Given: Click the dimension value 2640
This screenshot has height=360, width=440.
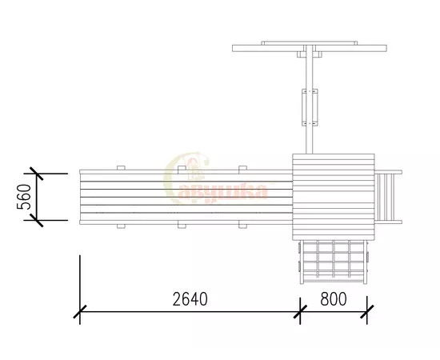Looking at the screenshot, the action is [x=190, y=299].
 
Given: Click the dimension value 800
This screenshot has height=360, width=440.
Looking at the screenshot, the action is [x=334, y=299].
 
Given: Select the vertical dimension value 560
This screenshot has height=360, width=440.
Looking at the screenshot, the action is [x=24, y=197].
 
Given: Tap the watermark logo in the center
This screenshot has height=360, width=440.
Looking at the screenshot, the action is [x=216, y=179].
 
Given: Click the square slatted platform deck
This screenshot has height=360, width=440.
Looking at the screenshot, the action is [x=334, y=197].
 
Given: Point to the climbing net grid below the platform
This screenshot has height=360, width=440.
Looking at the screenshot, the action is [x=334, y=262].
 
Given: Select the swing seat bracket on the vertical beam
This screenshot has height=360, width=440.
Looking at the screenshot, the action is [x=310, y=107].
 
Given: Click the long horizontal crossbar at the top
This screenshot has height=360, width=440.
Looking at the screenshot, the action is [x=310, y=48].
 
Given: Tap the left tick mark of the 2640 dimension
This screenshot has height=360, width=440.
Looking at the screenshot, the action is [x=80, y=311].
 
